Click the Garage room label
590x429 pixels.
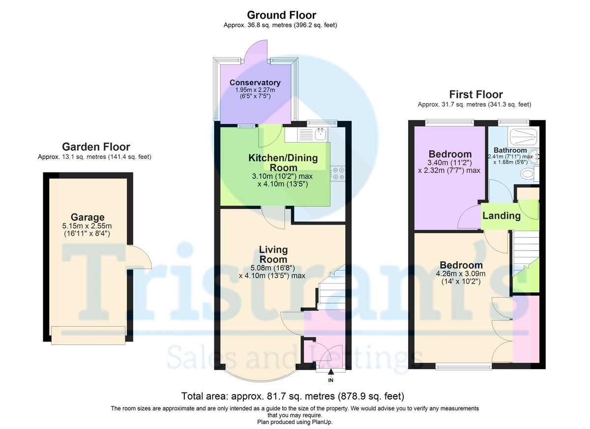[88, 217]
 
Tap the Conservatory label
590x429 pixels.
[255, 83]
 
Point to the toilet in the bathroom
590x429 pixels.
[530, 173]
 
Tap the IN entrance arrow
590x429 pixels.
[330, 372]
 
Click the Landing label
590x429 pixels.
[501, 216]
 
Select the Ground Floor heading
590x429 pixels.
[281, 15]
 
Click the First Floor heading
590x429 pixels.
[476, 94]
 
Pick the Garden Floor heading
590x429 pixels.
[96, 147]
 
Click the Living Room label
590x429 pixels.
[273, 254]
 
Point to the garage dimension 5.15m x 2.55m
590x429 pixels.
[87, 226]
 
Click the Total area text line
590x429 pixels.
[293, 396]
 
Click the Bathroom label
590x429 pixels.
[510, 150]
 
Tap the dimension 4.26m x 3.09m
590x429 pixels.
[461, 274]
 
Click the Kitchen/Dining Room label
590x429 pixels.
[283, 163]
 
